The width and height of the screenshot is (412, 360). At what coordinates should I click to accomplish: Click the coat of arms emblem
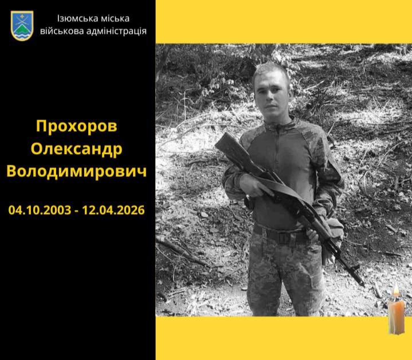22,26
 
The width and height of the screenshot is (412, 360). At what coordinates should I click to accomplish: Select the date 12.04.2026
113,210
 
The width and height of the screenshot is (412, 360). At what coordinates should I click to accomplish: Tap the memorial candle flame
395,294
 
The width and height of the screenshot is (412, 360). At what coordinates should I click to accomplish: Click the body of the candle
396,318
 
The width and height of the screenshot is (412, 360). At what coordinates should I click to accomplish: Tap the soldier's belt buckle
282,235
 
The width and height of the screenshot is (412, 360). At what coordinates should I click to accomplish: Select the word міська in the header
117,18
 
